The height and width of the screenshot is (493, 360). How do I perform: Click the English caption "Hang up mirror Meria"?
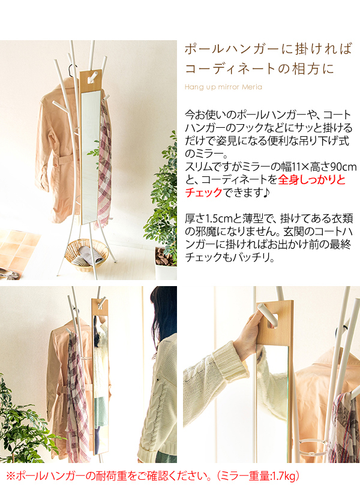click(x=223, y=87)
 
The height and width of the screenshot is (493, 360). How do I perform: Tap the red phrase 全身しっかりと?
click(x=312, y=179)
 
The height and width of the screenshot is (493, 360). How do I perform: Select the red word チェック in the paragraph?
click(x=203, y=193)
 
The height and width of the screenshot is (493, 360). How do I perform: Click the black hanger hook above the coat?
click(x=72, y=71)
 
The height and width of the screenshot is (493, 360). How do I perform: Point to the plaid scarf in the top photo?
click(x=104, y=164)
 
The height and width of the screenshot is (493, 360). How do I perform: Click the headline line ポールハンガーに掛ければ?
click(x=268, y=49)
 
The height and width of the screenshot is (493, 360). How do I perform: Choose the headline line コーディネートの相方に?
click(x=259, y=68)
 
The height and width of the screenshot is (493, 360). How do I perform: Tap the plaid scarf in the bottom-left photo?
click(x=76, y=393)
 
